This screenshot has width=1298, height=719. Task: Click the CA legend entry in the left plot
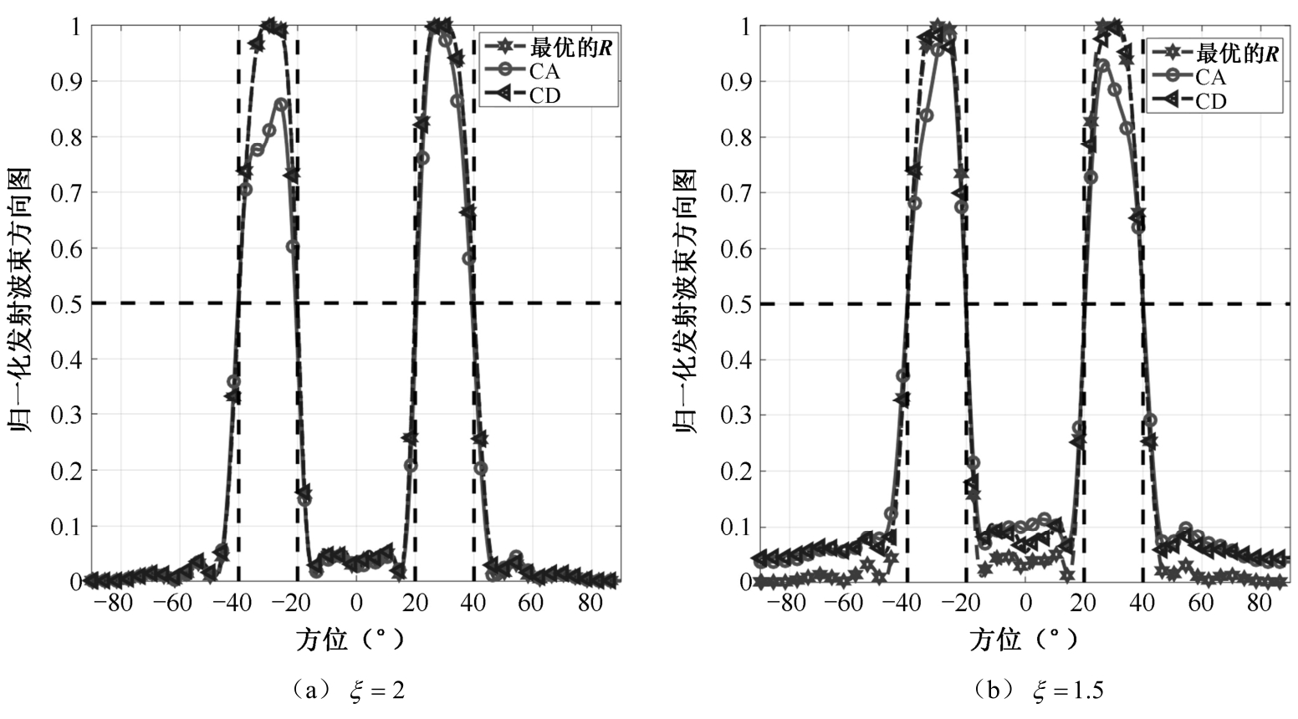coord(544,72)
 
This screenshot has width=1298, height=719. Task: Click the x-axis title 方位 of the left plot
coord(321,640)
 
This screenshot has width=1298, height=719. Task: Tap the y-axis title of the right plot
coord(687,301)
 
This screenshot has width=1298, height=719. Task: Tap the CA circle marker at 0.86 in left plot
coord(281,105)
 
